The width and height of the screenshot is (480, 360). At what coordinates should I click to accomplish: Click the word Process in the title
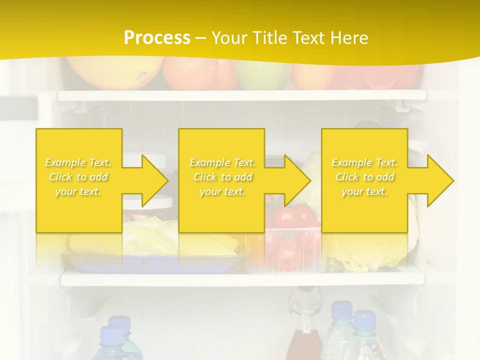(x=157, y=38)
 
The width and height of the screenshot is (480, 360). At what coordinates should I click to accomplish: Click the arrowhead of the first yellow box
(x=154, y=180)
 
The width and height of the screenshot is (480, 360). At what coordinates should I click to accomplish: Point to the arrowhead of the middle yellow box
(x=297, y=180)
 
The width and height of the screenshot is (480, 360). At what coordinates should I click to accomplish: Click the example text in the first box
(x=78, y=177)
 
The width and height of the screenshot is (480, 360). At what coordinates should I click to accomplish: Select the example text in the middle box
(x=222, y=177)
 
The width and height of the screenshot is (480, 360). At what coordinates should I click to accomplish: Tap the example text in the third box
(x=364, y=177)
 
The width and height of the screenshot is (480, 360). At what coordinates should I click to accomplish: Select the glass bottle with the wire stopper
(x=303, y=325)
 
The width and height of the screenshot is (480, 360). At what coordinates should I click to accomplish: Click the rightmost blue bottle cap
(x=364, y=318)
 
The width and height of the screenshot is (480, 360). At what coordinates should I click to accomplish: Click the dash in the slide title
(x=201, y=38)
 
